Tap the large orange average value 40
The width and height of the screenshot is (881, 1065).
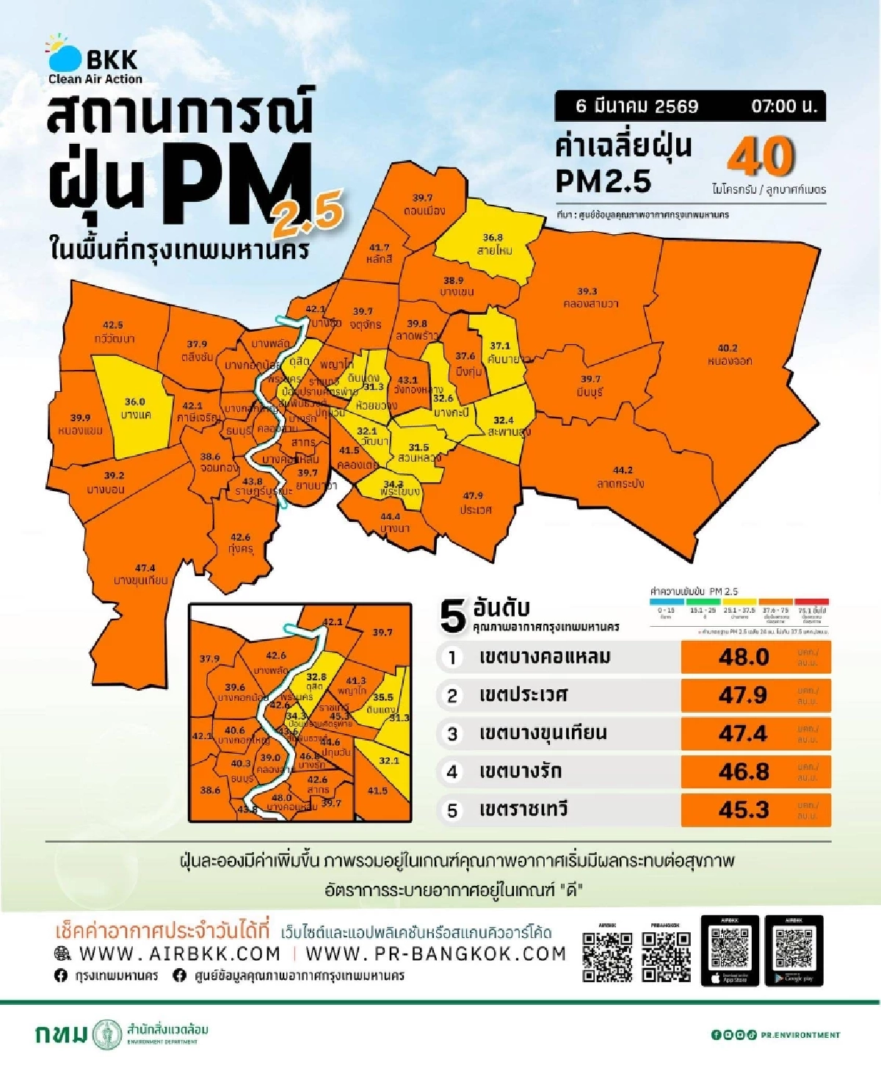761,156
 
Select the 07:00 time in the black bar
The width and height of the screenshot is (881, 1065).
783,106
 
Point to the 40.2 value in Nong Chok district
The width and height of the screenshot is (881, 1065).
727,349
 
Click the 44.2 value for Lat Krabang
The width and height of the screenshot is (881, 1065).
622,470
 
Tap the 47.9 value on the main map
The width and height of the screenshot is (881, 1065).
473,496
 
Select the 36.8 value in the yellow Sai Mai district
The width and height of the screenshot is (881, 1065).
493,238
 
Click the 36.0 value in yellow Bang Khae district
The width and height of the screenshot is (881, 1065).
134,402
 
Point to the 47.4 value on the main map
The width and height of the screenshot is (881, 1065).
145,568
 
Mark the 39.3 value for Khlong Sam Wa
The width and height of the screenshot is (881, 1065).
587,291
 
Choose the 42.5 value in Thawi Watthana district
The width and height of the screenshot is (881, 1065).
112,325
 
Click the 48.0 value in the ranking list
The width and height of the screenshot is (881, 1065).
744,657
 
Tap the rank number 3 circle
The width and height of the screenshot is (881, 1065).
452,733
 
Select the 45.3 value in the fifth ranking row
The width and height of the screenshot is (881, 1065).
744,810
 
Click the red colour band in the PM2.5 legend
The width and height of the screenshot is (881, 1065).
811,602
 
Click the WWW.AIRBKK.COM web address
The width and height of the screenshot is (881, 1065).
179,953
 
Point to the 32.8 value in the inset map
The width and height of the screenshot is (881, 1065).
316,677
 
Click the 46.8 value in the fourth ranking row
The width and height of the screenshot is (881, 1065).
744,771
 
